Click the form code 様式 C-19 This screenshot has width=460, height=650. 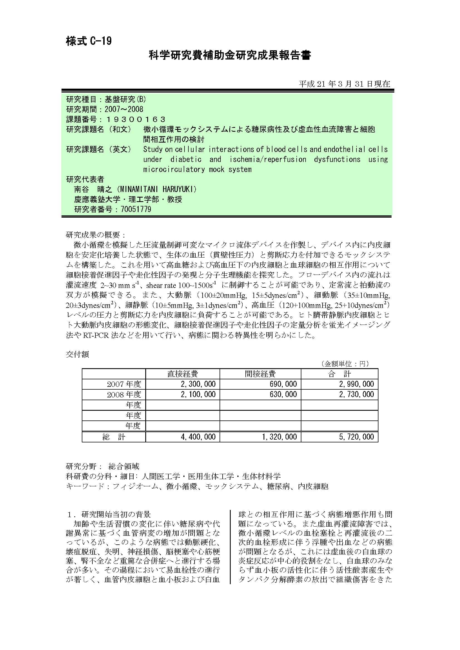click(x=89, y=41)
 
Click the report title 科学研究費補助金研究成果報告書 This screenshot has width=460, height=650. click(x=230, y=55)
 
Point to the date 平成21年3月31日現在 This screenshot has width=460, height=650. click(x=344, y=84)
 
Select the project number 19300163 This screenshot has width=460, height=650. click(x=136, y=119)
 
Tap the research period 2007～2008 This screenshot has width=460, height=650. click(x=124, y=109)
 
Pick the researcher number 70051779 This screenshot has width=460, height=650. click(x=136, y=209)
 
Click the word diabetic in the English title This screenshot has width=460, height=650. click(x=186, y=160)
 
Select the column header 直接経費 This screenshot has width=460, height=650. click(x=183, y=374)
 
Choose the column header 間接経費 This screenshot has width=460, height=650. click(x=260, y=374)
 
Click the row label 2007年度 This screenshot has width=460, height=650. click(x=124, y=384)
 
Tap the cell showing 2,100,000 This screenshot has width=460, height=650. click(x=198, y=394)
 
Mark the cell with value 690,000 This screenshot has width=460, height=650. click(x=283, y=384)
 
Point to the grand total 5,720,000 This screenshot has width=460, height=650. click(x=356, y=437)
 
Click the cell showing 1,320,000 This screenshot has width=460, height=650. click(x=279, y=437)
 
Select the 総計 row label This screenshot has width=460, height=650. click(x=114, y=437)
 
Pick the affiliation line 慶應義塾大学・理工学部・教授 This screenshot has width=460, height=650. click(x=128, y=199)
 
